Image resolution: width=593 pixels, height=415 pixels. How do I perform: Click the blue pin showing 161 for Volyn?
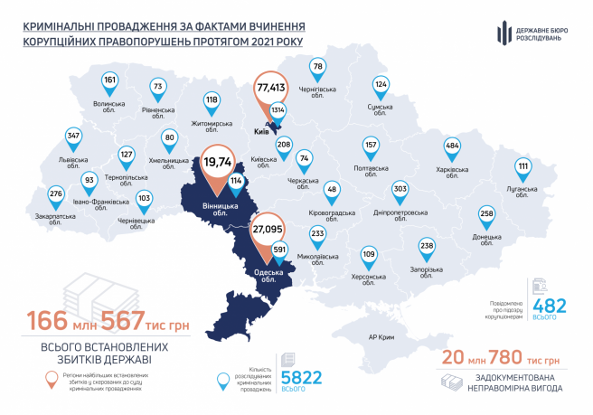pyautogui.click(x=110, y=81)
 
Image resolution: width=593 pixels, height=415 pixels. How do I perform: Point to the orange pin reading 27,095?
pyautogui.click(x=268, y=231)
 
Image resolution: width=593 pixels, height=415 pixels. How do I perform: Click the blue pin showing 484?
pyautogui.click(x=452, y=147)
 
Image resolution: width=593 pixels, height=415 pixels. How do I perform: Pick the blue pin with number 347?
pyautogui.click(x=74, y=137)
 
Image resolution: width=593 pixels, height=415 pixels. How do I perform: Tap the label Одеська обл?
pyautogui.click(x=268, y=275)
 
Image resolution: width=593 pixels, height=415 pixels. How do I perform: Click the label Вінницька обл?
pyautogui.click(x=214, y=212)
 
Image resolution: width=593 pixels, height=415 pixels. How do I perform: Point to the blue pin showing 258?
pyautogui.click(x=487, y=214)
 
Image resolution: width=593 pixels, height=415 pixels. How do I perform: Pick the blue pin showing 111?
pyautogui.click(x=523, y=167)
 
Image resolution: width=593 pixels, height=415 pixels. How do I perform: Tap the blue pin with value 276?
pyautogui.click(x=56, y=194)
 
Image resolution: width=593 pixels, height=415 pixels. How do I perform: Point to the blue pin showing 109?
pyautogui.click(x=369, y=254)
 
